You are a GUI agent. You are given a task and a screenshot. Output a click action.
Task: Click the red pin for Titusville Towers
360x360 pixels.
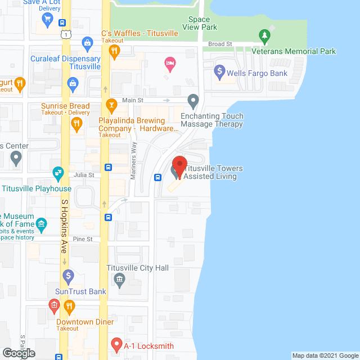click(179, 165)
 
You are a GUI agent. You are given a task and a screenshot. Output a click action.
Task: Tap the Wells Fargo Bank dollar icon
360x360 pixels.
click(219, 73)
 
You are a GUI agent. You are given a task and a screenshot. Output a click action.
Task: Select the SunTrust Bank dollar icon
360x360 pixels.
click(69, 276)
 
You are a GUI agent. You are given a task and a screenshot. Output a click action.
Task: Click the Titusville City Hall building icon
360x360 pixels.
click(119, 280)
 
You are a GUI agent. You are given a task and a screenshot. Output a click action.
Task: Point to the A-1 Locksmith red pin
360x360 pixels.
click(116, 343)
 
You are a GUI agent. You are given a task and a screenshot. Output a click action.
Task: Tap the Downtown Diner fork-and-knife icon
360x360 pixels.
click(69, 307)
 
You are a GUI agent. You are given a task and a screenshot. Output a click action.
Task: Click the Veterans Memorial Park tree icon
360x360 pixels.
click(264, 37)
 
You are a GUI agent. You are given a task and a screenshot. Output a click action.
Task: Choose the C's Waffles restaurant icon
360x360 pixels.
click(114, 52)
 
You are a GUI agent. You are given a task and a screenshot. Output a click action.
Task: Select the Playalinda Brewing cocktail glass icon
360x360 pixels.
click(111, 105)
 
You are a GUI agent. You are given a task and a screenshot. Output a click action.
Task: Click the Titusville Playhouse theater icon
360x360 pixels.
click(57, 172)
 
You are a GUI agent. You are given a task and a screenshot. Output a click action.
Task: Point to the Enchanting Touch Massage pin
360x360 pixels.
click(193, 102)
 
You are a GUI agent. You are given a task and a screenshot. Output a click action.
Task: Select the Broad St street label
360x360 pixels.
click(220, 44)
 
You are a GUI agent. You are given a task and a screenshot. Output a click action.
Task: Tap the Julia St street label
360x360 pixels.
click(83, 175)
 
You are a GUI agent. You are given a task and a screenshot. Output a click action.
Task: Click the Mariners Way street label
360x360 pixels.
click(134, 161)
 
